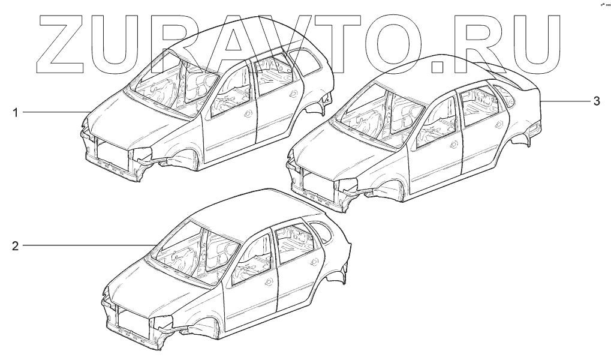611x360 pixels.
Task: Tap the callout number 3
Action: pos(596,101)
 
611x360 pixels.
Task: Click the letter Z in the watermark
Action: pos(60,41)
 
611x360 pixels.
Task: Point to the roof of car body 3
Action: pos(438,72)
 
